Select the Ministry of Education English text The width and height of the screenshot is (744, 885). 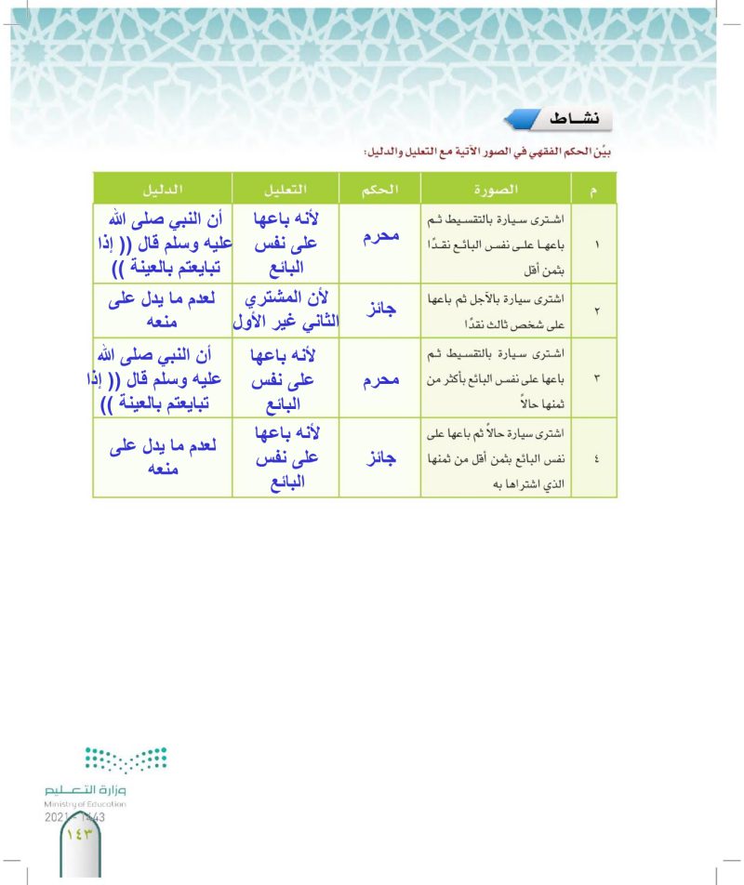pos(85,802)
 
